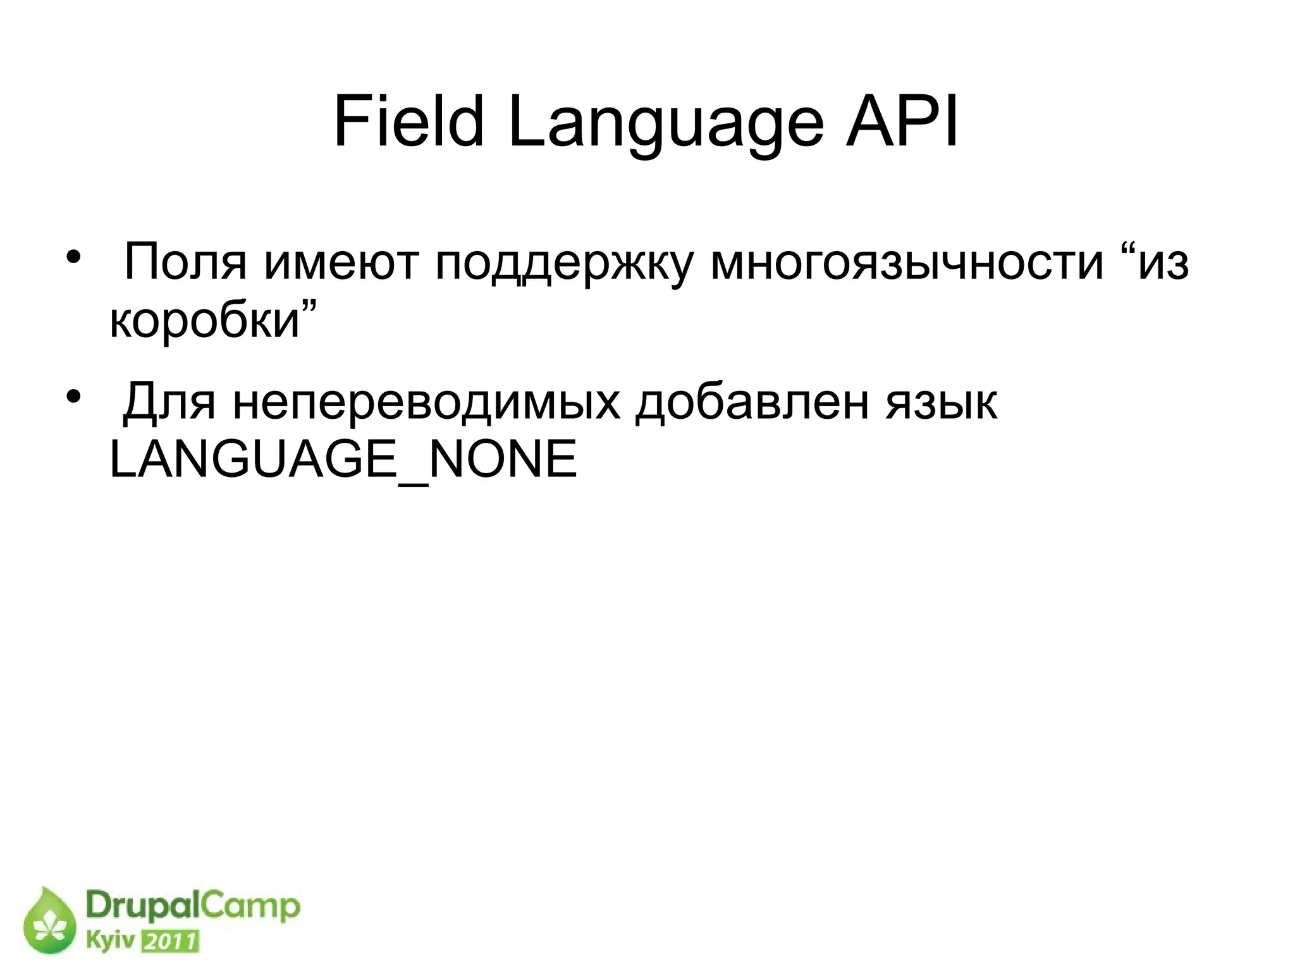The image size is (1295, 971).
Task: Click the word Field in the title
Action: [408, 122]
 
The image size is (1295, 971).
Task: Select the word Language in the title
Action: [666, 125]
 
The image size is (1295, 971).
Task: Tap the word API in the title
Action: [903, 122]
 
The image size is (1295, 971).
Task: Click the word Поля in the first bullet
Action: [185, 262]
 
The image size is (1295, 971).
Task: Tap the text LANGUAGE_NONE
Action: [343, 460]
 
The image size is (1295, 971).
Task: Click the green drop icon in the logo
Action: [49, 922]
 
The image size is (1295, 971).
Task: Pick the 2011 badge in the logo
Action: [169, 942]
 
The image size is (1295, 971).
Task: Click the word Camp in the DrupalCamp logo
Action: [252, 908]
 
